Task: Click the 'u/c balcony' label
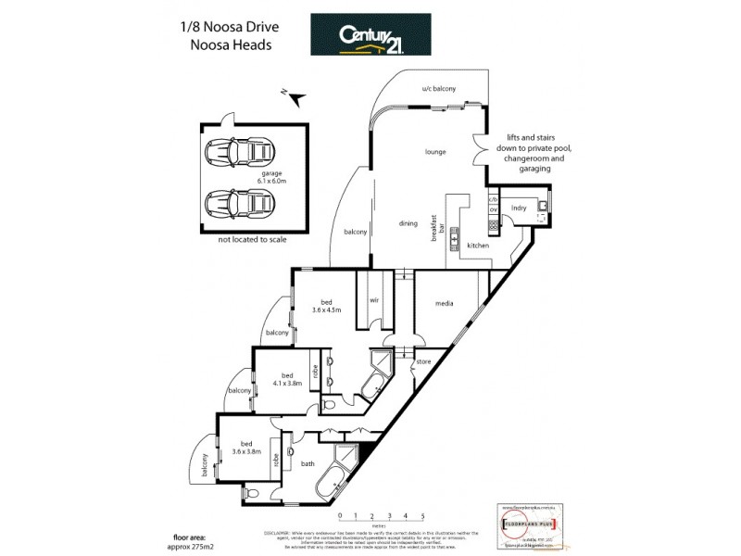[x=437, y=90]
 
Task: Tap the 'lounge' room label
[x=436, y=151]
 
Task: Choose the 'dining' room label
[x=408, y=222]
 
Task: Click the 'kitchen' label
[x=477, y=245]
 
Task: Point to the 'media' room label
[x=443, y=302]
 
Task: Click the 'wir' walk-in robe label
[x=375, y=301]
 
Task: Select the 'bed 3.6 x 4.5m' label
[x=326, y=307]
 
